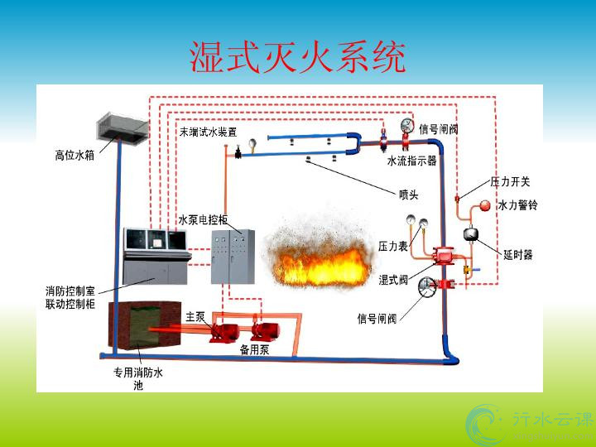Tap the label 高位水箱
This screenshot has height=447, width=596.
pos(74,154)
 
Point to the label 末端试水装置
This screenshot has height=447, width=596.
pos(208,132)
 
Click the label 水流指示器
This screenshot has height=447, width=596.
pos(411,161)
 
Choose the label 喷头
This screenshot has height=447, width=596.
pos(409,195)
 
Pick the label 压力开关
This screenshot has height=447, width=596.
pos(510,181)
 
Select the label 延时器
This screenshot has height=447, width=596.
pos(517,254)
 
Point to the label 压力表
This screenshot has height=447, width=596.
pos(392,246)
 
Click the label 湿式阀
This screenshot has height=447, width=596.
pos(393,280)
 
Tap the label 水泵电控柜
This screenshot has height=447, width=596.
pos(204,220)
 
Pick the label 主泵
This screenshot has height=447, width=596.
pos(195,316)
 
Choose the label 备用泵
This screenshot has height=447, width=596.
pos(254,350)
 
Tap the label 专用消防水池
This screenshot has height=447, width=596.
pos(138,378)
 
